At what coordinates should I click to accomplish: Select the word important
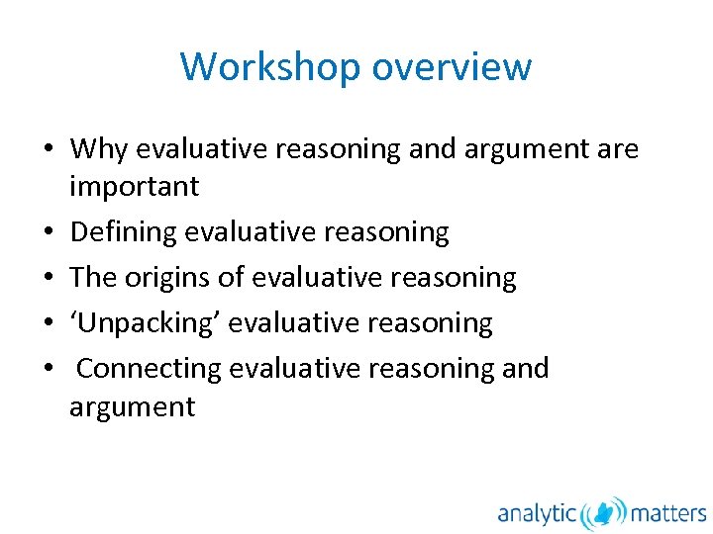[134, 186]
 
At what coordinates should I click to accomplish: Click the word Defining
[124, 232]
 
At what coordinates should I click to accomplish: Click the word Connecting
[149, 368]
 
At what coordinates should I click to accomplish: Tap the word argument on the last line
[132, 407]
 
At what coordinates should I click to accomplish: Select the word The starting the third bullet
[93, 278]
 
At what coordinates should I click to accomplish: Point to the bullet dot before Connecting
[48, 369]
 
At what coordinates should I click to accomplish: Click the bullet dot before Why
[48, 150]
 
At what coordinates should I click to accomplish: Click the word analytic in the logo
[537, 513]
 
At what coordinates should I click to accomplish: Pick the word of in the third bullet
[232, 278]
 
